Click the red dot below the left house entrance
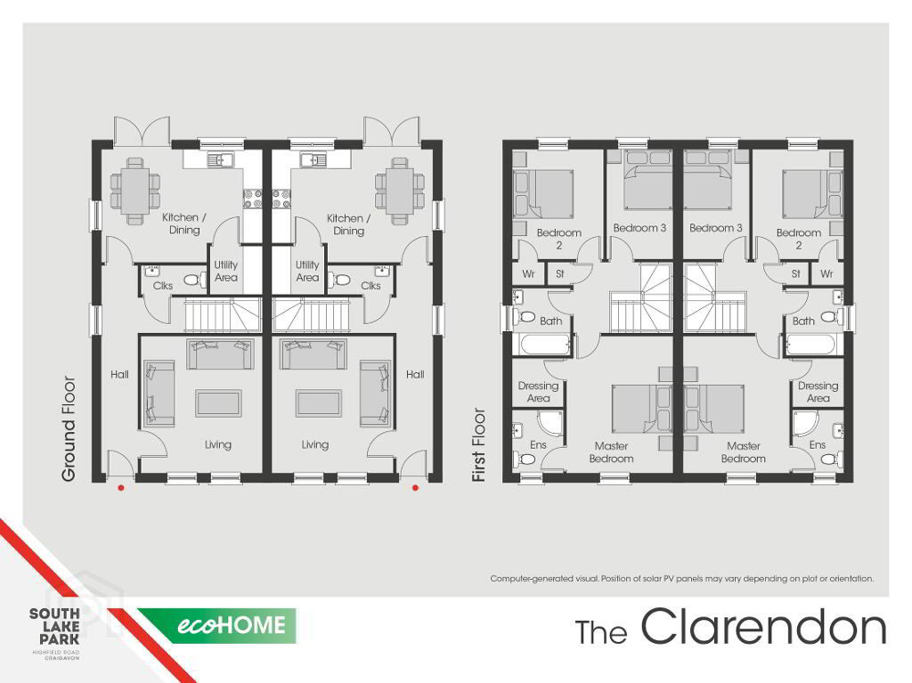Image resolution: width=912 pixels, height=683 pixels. (x=121, y=488)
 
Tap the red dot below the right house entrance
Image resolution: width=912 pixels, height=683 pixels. (x=415, y=488)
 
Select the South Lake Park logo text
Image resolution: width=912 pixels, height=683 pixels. (x=54, y=625)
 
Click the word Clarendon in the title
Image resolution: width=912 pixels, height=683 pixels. (x=763, y=627)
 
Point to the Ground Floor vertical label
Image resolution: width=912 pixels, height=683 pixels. (x=69, y=428)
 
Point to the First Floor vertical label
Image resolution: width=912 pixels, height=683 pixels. (x=478, y=445)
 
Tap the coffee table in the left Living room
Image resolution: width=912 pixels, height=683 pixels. (x=219, y=403)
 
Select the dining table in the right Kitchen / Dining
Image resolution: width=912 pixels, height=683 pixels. (x=400, y=191)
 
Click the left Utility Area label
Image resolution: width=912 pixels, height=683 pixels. (x=225, y=271)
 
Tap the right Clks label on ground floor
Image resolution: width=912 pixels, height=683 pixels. (x=370, y=286)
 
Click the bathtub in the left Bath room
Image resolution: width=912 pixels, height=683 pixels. (x=545, y=344)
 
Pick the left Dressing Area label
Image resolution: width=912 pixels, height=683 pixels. (x=538, y=392)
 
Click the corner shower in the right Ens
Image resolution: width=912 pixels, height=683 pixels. (x=805, y=423)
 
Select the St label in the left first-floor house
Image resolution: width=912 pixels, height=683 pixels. (x=559, y=273)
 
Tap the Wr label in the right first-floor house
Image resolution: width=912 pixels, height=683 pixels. (x=826, y=273)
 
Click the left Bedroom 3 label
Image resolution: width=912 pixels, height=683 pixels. (x=639, y=228)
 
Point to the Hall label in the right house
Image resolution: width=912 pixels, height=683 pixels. (x=415, y=375)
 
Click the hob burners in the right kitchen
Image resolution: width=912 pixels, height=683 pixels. (x=281, y=198)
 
